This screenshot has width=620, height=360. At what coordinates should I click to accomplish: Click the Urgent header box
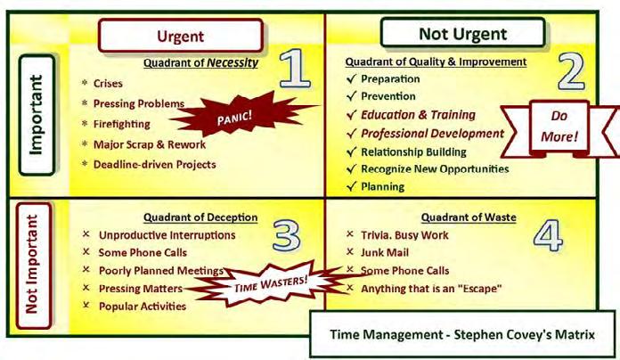[181, 36]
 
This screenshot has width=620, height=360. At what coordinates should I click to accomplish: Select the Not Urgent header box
[462, 33]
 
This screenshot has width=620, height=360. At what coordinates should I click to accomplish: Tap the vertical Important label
[37, 115]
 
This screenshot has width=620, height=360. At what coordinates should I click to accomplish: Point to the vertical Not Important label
[34, 266]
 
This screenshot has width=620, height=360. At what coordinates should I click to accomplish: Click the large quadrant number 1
[295, 68]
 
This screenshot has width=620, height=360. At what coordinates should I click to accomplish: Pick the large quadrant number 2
[571, 71]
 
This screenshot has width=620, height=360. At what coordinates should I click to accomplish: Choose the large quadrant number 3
[287, 236]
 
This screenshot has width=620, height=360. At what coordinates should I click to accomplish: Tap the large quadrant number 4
[549, 236]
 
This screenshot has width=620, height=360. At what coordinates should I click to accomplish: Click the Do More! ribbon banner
[559, 127]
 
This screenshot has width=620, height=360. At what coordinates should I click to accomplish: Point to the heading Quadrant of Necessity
[200, 62]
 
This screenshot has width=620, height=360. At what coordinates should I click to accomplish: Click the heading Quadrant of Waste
[469, 217]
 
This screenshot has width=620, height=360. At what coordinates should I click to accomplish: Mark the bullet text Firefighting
[122, 124]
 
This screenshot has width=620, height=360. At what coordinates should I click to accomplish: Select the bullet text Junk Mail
[385, 252]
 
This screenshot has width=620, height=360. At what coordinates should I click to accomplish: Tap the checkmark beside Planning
[351, 186]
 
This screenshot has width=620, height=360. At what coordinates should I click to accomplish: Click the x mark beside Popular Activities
[86, 305]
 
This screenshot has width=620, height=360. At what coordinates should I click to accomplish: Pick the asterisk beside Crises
[85, 83]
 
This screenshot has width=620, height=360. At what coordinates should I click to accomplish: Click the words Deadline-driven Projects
[155, 165]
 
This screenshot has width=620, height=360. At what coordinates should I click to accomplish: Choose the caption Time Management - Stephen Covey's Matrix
[462, 335]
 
